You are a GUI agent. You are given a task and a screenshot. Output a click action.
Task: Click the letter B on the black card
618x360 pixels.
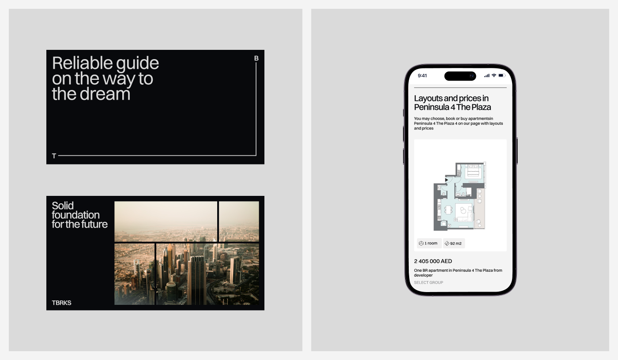[256, 58]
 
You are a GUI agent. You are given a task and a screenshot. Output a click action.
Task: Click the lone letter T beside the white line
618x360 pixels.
[54, 156]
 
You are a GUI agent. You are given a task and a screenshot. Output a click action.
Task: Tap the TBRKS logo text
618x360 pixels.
[61, 303]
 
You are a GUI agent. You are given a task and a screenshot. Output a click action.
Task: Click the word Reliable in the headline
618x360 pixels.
[82, 63]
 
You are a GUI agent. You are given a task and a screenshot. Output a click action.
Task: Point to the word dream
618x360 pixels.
[105, 94]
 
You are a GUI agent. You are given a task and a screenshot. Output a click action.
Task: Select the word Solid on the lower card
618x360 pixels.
[63, 206]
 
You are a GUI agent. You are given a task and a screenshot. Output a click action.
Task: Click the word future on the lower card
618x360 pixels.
[93, 224]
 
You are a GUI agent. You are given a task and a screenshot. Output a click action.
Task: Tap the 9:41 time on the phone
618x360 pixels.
[422, 76]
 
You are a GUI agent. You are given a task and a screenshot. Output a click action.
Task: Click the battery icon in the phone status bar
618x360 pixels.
[502, 75]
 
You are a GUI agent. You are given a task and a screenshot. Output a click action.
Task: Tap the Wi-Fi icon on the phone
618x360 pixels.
[494, 75]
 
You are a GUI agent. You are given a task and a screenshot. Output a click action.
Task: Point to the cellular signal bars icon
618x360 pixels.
[486, 75]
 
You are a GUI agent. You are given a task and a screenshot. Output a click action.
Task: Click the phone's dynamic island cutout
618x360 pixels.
[460, 76]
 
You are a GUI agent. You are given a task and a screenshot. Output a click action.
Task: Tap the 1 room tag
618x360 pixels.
[429, 244]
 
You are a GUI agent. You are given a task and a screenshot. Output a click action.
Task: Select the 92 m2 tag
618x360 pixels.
[454, 244]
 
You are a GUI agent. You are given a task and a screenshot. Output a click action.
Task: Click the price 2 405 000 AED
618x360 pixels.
[433, 261]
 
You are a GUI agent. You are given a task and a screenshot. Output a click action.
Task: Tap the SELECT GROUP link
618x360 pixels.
[429, 282]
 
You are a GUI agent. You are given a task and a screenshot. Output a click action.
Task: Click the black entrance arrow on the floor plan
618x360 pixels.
[446, 180]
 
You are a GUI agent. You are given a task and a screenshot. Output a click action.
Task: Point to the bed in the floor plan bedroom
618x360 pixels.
[473, 173]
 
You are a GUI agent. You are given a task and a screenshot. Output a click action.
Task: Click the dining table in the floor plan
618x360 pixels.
[448, 210]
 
